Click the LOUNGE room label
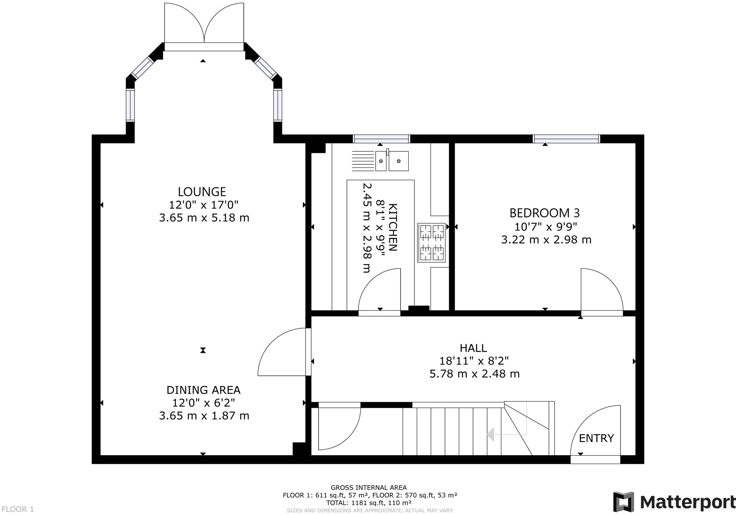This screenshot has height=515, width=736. (202, 192)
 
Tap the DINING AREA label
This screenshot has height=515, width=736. (203, 390)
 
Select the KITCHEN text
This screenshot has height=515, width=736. (393, 227)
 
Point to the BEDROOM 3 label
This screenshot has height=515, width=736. (544, 213)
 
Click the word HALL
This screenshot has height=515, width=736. (473, 348)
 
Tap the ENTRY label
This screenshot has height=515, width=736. (596, 438)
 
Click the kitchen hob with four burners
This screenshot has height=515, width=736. (432, 243)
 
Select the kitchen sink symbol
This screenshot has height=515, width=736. (392, 161)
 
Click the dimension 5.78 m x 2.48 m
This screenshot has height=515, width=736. (475, 374)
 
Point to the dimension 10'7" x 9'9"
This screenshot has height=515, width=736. (546, 227)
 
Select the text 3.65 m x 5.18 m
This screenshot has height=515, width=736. (204, 218)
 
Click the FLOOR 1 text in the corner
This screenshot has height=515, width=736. (17, 509)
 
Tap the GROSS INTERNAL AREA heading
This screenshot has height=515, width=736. (369, 488)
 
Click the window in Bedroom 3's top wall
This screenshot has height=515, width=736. (567, 139)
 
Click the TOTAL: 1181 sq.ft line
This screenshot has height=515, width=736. (369, 502)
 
